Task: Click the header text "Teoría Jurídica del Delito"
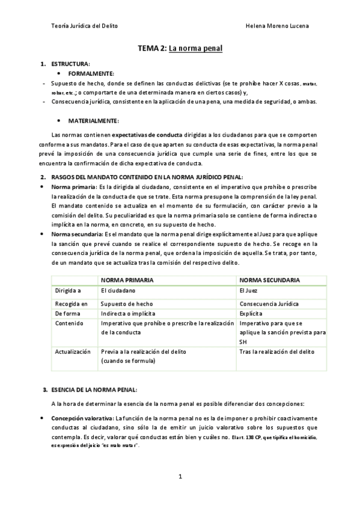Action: click(x=85, y=26)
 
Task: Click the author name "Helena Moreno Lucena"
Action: click(x=278, y=26)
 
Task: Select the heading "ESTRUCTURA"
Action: click(x=70, y=64)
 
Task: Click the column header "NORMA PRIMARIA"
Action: click(x=127, y=280)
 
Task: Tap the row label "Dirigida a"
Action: click(x=68, y=290)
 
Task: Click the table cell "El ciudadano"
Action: click(x=118, y=290)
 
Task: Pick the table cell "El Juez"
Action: click(x=248, y=290)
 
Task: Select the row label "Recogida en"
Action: click(x=71, y=304)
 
